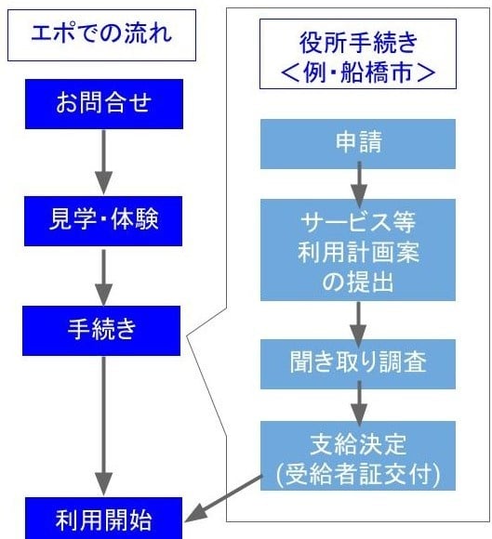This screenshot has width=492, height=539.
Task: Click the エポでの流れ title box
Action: (101, 35)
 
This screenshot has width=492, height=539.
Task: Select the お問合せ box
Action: (104, 104)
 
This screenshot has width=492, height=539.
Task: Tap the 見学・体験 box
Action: (103, 221)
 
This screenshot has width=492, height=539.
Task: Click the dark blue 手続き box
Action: (101, 331)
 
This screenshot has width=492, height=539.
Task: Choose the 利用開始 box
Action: (104, 518)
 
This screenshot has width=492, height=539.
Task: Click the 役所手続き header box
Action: (358, 54)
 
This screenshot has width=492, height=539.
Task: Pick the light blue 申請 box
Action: (358, 144)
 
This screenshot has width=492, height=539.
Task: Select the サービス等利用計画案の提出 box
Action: (358, 250)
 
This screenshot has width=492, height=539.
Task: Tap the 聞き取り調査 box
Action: (358, 364)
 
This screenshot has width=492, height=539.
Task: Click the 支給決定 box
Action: (358, 455)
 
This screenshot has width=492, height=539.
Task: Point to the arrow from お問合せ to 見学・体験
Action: (103, 162)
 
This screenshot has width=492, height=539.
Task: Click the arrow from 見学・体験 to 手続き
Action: (103, 277)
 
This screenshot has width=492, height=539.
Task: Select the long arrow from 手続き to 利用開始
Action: (103, 427)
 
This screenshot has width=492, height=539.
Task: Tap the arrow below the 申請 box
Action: (359, 184)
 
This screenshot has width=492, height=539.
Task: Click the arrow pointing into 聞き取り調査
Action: (358, 324)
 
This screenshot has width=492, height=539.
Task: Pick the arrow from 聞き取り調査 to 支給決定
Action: (359, 403)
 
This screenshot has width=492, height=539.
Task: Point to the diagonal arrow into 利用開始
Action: (223, 499)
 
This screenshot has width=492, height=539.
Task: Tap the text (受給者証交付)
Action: (358, 474)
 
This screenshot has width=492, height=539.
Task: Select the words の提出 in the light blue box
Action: (357, 282)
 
